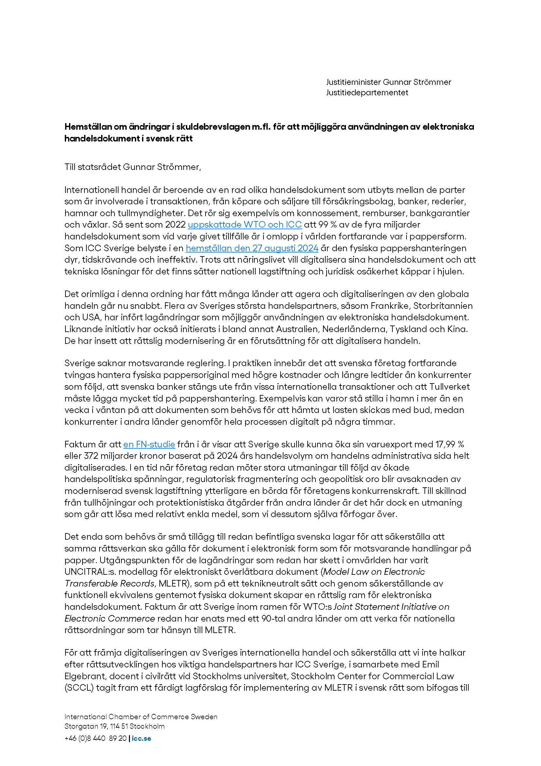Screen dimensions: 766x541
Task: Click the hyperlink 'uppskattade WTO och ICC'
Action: [245, 225]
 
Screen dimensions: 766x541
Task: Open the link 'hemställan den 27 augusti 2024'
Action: [252, 248]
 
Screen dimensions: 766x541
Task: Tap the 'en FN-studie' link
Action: [149, 444]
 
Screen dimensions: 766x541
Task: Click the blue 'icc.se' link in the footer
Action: [141, 738]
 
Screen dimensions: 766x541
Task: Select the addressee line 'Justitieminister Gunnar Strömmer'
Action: [388, 82]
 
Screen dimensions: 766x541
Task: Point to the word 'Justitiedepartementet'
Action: [367, 92]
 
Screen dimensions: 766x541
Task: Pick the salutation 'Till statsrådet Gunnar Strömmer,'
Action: [133, 167]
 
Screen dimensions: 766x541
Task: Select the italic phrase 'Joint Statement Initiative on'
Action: [391, 607]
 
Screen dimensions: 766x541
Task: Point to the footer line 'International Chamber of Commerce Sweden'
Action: [141, 717]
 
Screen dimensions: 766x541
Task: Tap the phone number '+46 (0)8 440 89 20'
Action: [95, 738]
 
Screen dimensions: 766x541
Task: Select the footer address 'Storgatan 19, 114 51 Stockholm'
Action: [114, 726]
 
